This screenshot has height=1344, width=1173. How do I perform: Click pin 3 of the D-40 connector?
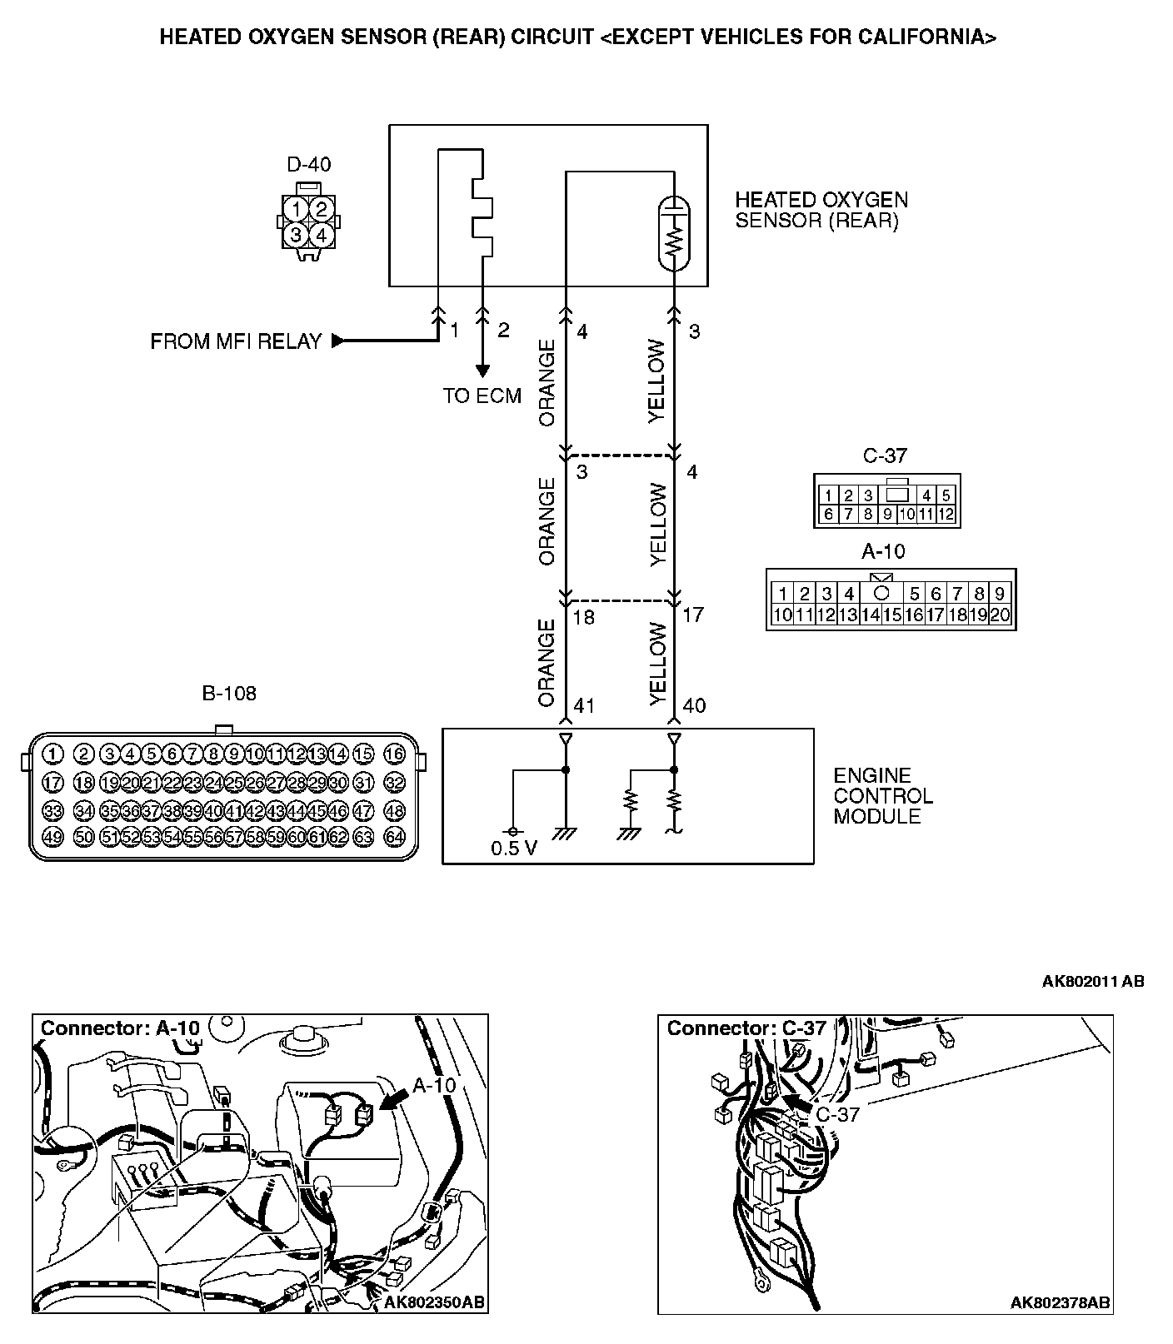click(297, 235)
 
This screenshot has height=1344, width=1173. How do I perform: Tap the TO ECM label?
click(482, 396)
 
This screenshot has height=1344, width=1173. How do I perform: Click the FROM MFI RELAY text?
click(236, 341)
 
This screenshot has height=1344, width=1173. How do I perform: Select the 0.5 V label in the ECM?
click(514, 849)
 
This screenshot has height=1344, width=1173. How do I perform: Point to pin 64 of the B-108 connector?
click(394, 837)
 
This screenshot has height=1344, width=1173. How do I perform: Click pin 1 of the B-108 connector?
click(52, 754)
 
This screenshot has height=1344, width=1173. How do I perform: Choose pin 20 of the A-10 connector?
click(1000, 615)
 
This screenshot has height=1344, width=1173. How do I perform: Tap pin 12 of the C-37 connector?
click(946, 514)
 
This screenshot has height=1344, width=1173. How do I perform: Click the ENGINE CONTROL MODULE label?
click(882, 796)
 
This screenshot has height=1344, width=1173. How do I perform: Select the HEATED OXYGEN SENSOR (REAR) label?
click(821, 210)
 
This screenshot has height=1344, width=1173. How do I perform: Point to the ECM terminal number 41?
click(584, 706)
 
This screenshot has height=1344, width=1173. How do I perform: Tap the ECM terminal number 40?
click(693, 706)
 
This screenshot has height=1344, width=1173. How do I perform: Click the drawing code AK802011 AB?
click(1092, 981)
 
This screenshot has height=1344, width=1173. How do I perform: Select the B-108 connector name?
click(229, 693)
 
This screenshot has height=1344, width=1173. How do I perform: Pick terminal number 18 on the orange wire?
click(584, 617)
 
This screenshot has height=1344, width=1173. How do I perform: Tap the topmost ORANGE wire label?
click(547, 382)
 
